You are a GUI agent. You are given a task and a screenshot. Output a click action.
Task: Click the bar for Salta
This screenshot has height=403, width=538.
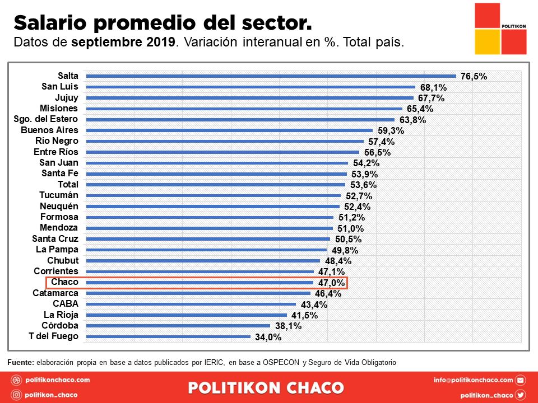(271, 76)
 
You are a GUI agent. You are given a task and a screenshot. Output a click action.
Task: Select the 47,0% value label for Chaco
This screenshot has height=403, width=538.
(331, 283)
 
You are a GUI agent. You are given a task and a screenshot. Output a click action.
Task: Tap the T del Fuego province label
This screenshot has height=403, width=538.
(53, 336)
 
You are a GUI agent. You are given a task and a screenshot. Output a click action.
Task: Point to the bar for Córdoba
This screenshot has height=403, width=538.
(178, 326)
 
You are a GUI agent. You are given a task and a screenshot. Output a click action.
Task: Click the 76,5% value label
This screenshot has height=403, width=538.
(474, 77)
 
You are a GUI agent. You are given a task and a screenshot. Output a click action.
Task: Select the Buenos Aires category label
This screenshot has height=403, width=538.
(49, 130)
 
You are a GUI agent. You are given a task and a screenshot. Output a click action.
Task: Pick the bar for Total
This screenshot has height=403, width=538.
(216, 185)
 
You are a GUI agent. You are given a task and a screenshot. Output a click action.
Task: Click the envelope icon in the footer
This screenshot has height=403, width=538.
(521, 380)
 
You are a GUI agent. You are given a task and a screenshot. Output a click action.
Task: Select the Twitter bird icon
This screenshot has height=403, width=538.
(521, 395)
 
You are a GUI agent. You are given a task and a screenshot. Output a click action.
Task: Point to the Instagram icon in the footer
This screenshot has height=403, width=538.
(17, 395)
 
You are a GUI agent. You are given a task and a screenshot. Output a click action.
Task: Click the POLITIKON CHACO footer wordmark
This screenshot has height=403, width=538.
(266, 387)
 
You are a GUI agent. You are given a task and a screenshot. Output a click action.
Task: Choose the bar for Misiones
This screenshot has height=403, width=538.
(244, 109)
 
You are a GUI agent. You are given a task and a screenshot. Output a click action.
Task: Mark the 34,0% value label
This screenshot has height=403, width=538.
(268, 337)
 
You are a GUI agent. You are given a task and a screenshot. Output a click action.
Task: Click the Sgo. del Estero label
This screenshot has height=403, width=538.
(46, 119)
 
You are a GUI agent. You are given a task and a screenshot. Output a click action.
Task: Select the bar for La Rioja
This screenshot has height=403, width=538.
(187, 315)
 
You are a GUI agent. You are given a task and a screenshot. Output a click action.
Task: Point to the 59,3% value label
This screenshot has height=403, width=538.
(391, 131)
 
